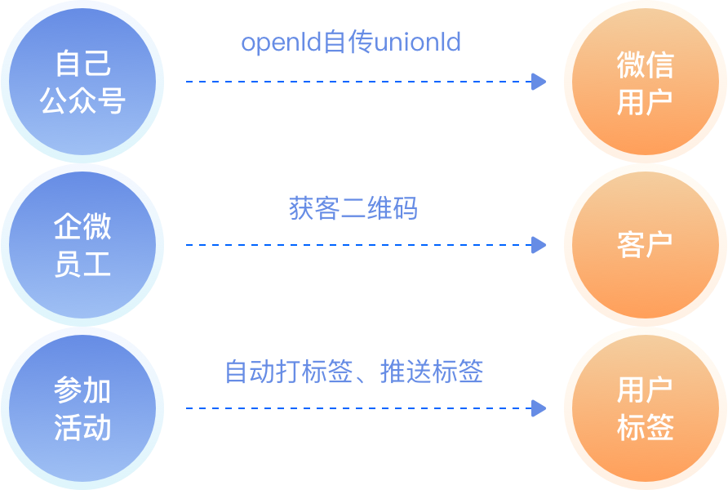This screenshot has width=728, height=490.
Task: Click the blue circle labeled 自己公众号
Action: pos(82,82)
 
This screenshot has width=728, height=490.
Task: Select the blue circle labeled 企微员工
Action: pos(82,245)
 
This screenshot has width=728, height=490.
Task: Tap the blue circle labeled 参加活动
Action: pos(82,408)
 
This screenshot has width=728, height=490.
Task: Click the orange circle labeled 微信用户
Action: pos(646,82)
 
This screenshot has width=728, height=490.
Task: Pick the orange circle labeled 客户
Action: pos(646,245)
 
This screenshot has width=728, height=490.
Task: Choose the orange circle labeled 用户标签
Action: pos(646,408)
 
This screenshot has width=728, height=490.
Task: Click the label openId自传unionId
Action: pos(351,42)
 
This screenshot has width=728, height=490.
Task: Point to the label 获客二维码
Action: pos(353,208)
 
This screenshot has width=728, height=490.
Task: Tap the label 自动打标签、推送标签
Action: pos(354,372)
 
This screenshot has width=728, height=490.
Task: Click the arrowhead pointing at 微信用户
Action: pos(539,82)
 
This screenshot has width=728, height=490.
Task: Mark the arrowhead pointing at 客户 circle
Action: pos(539,245)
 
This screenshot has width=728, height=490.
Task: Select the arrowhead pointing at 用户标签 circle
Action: pos(539,408)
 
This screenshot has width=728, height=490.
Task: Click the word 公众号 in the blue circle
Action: pos(82,101)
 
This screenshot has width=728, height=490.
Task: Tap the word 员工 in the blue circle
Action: pos(82,265)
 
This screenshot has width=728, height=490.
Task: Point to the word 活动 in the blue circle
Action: pos(82,428)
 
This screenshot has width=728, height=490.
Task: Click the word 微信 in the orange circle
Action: pos(646,65)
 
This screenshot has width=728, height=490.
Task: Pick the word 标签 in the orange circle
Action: pos(646,428)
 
